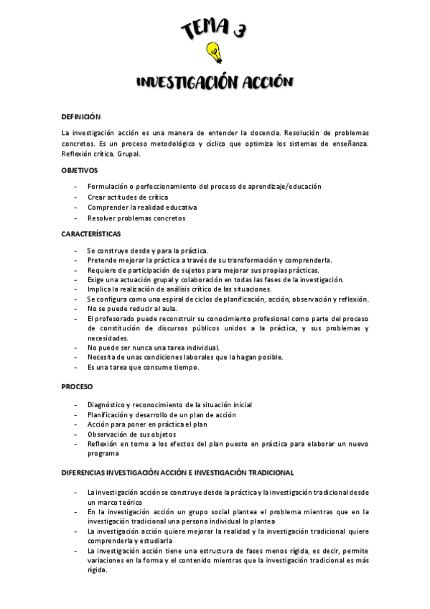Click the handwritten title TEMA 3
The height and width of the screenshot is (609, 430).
click(x=213, y=29)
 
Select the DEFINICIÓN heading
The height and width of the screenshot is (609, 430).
click(x=80, y=116)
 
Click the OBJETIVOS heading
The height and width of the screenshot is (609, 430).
click(x=79, y=169)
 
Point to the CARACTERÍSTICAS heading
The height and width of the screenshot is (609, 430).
click(x=90, y=233)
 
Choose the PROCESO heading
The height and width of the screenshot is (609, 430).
click(x=77, y=386)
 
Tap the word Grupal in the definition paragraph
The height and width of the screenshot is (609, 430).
click(x=130, y=153)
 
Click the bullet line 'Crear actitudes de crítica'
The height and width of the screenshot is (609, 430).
click(x=128, y=197)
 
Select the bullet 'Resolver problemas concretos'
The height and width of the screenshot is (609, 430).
click(x=136, y=218)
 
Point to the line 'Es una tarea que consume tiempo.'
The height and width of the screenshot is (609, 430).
click(x=142, y=367)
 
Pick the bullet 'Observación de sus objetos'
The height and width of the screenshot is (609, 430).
click(x=132, y=434)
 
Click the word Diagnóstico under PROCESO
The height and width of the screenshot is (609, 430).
click(x=107, y=405)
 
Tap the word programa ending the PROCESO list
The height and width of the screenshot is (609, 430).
click(x=103, y=454)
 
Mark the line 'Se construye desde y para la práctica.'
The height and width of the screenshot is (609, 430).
click(x=147, y=250)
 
